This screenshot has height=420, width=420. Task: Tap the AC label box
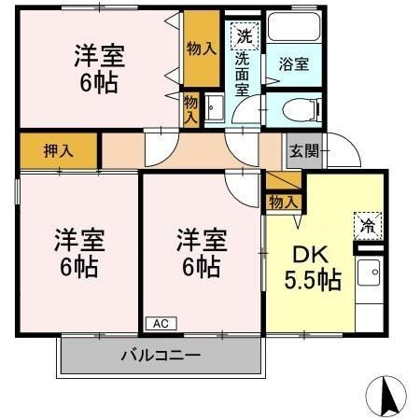(160, 323)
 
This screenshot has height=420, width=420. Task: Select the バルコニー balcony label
(160, 356)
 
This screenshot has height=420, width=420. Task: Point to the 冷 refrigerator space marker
(368, 224)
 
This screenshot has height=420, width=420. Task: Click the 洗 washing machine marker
(243, 37)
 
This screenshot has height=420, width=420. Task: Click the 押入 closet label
(58, 150)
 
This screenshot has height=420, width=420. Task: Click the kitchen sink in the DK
(370, 274)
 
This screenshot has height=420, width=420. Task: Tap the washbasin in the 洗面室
(213, 109)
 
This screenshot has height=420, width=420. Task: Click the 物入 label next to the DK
(283, 201)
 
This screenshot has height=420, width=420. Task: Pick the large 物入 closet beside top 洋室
(198, 46)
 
